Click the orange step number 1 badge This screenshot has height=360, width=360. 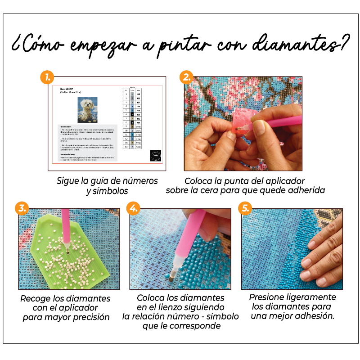click(47, 76)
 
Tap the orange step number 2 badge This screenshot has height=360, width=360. click(187, 76)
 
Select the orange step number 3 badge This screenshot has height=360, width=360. click(21, 208)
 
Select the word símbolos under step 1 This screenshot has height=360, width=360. click(109, 191)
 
